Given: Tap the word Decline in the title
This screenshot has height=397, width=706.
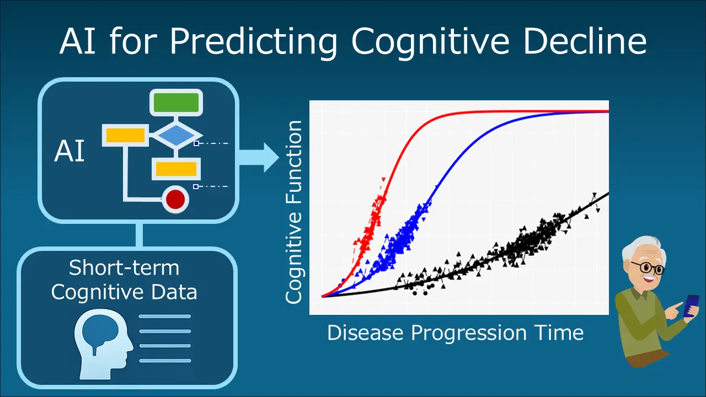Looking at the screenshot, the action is (585, 41).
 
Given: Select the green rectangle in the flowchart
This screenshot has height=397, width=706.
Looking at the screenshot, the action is (176, 103).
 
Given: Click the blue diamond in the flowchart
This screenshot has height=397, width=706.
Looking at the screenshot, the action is (176, 136).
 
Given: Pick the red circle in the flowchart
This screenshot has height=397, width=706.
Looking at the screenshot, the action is (175, 200).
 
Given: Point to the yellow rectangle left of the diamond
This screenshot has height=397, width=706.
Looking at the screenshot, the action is (125, 135).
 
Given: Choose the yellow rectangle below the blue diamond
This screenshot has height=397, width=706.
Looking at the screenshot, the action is (176, 169).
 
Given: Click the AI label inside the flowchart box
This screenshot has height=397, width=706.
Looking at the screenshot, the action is (69, 151).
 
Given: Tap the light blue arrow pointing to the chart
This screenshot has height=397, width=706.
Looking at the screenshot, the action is (259, 158).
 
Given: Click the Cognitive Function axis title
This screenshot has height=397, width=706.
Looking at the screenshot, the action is (293, 212).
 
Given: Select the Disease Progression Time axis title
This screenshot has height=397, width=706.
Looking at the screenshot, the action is (456, 333).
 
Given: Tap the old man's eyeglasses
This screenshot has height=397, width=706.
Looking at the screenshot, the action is (649, 268).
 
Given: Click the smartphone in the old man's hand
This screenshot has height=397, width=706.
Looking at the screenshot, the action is (691, 305).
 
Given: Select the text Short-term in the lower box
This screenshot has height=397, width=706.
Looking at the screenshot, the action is (124, 268).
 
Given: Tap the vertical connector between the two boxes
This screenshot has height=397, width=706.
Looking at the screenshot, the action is (140, 235).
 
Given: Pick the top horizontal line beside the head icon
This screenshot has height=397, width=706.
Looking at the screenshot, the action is (165, 316).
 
